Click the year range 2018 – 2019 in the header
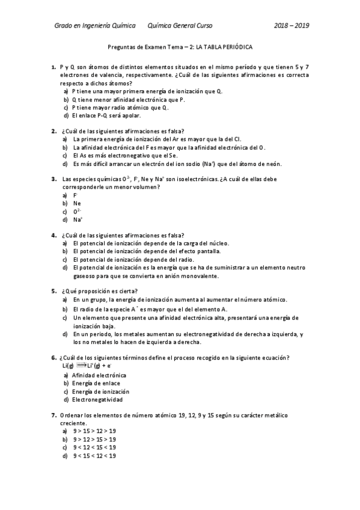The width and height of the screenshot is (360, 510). coord(291,26)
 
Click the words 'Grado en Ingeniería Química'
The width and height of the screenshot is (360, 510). coord(95,26)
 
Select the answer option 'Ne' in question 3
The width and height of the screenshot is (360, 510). coord(77,203)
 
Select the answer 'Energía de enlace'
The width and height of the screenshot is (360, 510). coord(96,383)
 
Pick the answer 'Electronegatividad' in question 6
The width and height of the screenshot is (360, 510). coord(97,399)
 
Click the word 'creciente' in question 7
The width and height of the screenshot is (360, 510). coord(74,423)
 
